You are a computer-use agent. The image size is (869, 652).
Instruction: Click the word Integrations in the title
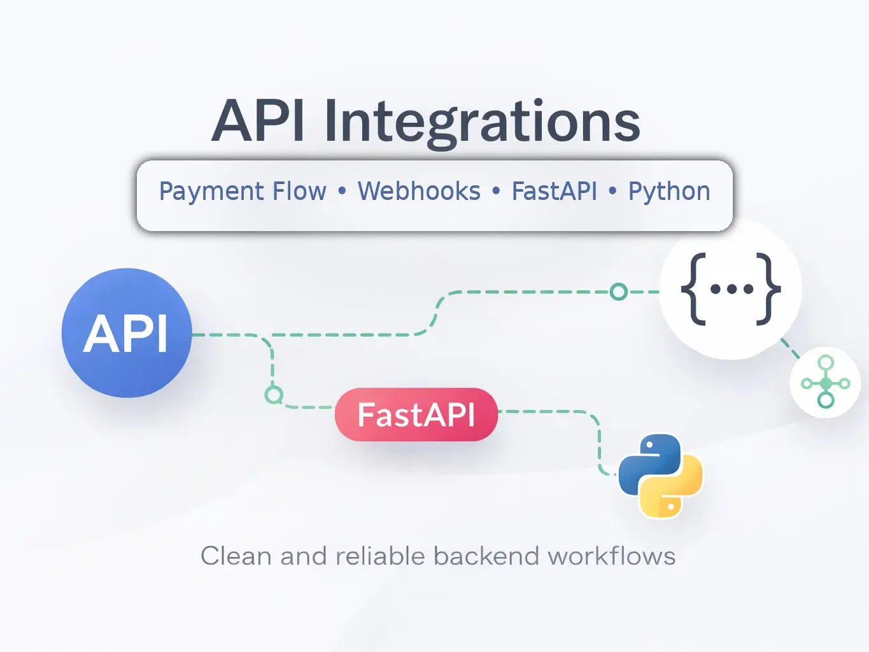482,122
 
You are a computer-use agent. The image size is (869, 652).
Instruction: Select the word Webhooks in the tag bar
419,191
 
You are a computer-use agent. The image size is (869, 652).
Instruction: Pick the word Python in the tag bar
669,192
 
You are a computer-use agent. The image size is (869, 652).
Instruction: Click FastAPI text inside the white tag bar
554,191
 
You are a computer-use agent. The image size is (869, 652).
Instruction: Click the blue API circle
127,333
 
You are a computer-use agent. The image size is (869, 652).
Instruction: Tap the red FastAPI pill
416,415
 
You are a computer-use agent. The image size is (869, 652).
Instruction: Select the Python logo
660,475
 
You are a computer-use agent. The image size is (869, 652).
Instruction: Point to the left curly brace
694,289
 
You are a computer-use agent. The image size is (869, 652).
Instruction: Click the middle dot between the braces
731,289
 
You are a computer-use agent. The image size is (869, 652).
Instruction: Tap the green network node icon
826,383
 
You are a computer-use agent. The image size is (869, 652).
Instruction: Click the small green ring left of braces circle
618,292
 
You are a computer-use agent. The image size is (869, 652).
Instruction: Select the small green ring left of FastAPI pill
274,395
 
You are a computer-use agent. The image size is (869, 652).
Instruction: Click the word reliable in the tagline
380,556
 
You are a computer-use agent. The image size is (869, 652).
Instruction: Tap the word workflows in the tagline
611,556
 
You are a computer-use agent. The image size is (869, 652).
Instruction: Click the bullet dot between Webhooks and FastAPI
496,191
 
